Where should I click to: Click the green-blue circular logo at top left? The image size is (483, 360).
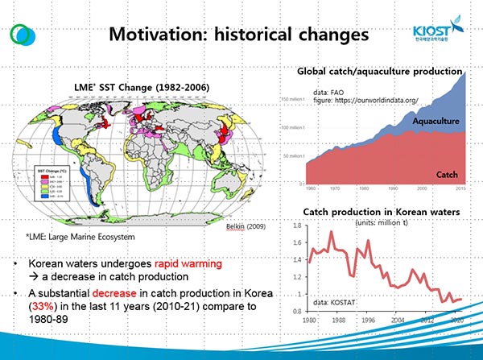pyautogui.click(x=23, y=37)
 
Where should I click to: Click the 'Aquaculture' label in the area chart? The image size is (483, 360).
pyautogui.click(x=435, y=121)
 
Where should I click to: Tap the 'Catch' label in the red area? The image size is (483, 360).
pyautogui.click(x=447, y=174)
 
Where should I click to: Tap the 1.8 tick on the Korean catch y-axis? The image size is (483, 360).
pyautogui.click(x=295, y=227)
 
